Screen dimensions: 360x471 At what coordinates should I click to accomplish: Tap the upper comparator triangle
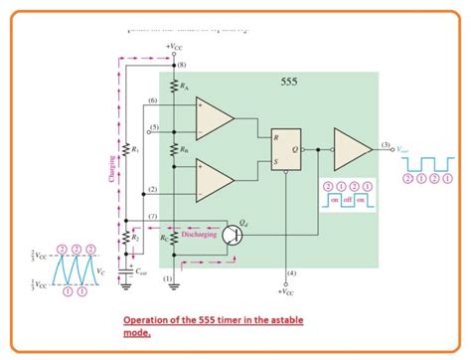[213, 119]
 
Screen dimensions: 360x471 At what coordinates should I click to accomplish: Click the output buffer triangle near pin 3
[352, 147]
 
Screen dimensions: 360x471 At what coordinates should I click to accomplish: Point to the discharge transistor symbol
[235, 235]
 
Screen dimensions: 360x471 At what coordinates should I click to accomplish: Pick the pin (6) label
[152, 101]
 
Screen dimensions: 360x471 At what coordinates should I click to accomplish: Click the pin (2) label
[152, 188]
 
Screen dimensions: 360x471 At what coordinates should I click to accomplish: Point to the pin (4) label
[290, 272]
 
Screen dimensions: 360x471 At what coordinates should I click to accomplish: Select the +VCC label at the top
[173, 48]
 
